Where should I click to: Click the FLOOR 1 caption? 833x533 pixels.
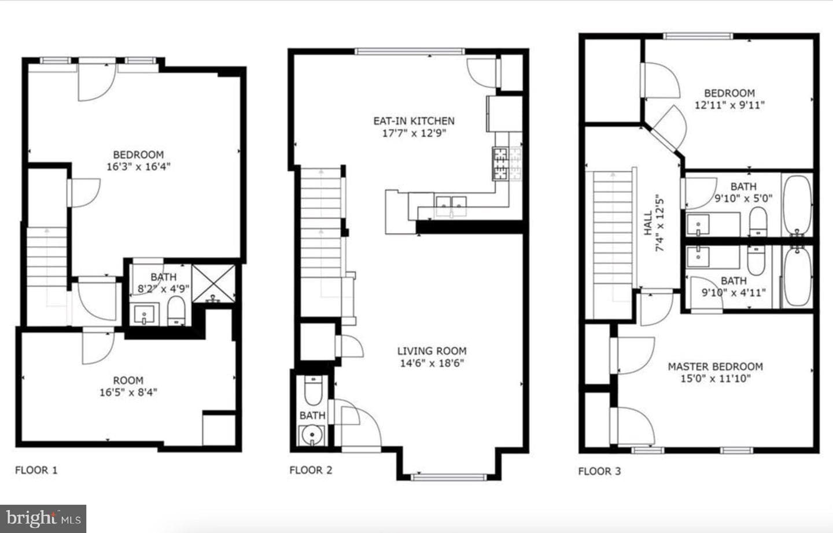[x=36, y=470]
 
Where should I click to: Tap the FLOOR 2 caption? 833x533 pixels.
[x=311, y=470]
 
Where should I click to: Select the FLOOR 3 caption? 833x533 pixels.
[x=599, y=471]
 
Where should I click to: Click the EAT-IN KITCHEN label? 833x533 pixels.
[x=414, y=121]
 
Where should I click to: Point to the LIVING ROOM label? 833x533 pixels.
[x=432, y=351]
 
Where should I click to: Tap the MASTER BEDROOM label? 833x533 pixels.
[x=716, y=367]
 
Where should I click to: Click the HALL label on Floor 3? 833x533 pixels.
[x=648, y=223]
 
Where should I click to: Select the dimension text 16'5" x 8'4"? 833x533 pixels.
[x=128, y=392]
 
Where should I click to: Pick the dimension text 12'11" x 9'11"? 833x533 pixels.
[x=729, y=105]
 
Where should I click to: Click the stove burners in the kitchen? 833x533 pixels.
[x=507, y=164]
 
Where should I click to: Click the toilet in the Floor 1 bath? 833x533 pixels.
[x=176, y=311]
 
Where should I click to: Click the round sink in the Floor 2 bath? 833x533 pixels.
[x=312, y=435]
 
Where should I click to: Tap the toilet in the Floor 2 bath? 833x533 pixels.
[x=313, y=390]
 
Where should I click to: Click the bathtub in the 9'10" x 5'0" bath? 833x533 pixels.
[x=797, y=205]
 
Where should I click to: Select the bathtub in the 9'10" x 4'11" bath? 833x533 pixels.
[x=797, y=275]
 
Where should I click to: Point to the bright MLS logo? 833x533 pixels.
[x=43, y=519]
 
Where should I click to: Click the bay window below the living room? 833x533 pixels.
[x=449, y=477]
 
